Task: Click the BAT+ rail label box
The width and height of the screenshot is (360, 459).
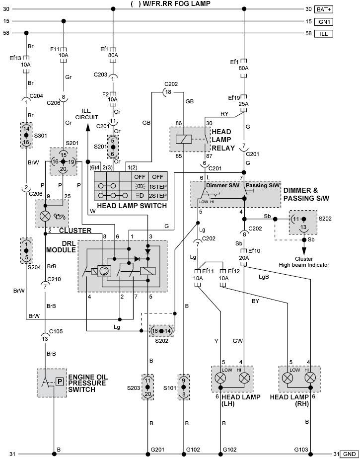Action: click(324, 9)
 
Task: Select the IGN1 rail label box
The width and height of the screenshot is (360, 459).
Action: click(324, 22)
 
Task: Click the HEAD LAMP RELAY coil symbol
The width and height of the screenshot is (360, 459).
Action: click(184, 139)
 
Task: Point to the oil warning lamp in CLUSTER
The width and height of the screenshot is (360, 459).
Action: click(45, 217)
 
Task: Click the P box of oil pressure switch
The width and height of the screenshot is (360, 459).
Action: click(60, 382)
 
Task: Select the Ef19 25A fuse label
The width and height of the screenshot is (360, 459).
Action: click(238, 101)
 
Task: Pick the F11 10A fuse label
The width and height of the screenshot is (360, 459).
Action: click(60, 52)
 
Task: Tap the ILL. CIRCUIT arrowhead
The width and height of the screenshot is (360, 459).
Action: click(87, 127)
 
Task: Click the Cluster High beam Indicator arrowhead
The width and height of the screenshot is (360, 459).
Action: click(304, 251)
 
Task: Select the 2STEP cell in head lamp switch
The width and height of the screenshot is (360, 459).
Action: click(158, 196)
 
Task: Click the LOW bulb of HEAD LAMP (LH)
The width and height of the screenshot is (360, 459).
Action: click(220, 378)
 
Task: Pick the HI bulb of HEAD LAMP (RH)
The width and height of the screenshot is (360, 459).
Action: click(310, 378)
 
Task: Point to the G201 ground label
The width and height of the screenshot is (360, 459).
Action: click(157, 450)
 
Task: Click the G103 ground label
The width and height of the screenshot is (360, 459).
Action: click(301, 450)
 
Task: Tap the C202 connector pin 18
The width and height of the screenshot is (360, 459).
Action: click(168, 92)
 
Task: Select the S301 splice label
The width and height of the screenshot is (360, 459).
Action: click(40, 136)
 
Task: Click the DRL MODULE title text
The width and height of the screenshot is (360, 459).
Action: click(61, 247)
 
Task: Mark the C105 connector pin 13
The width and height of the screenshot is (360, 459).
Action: click(45, 339)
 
